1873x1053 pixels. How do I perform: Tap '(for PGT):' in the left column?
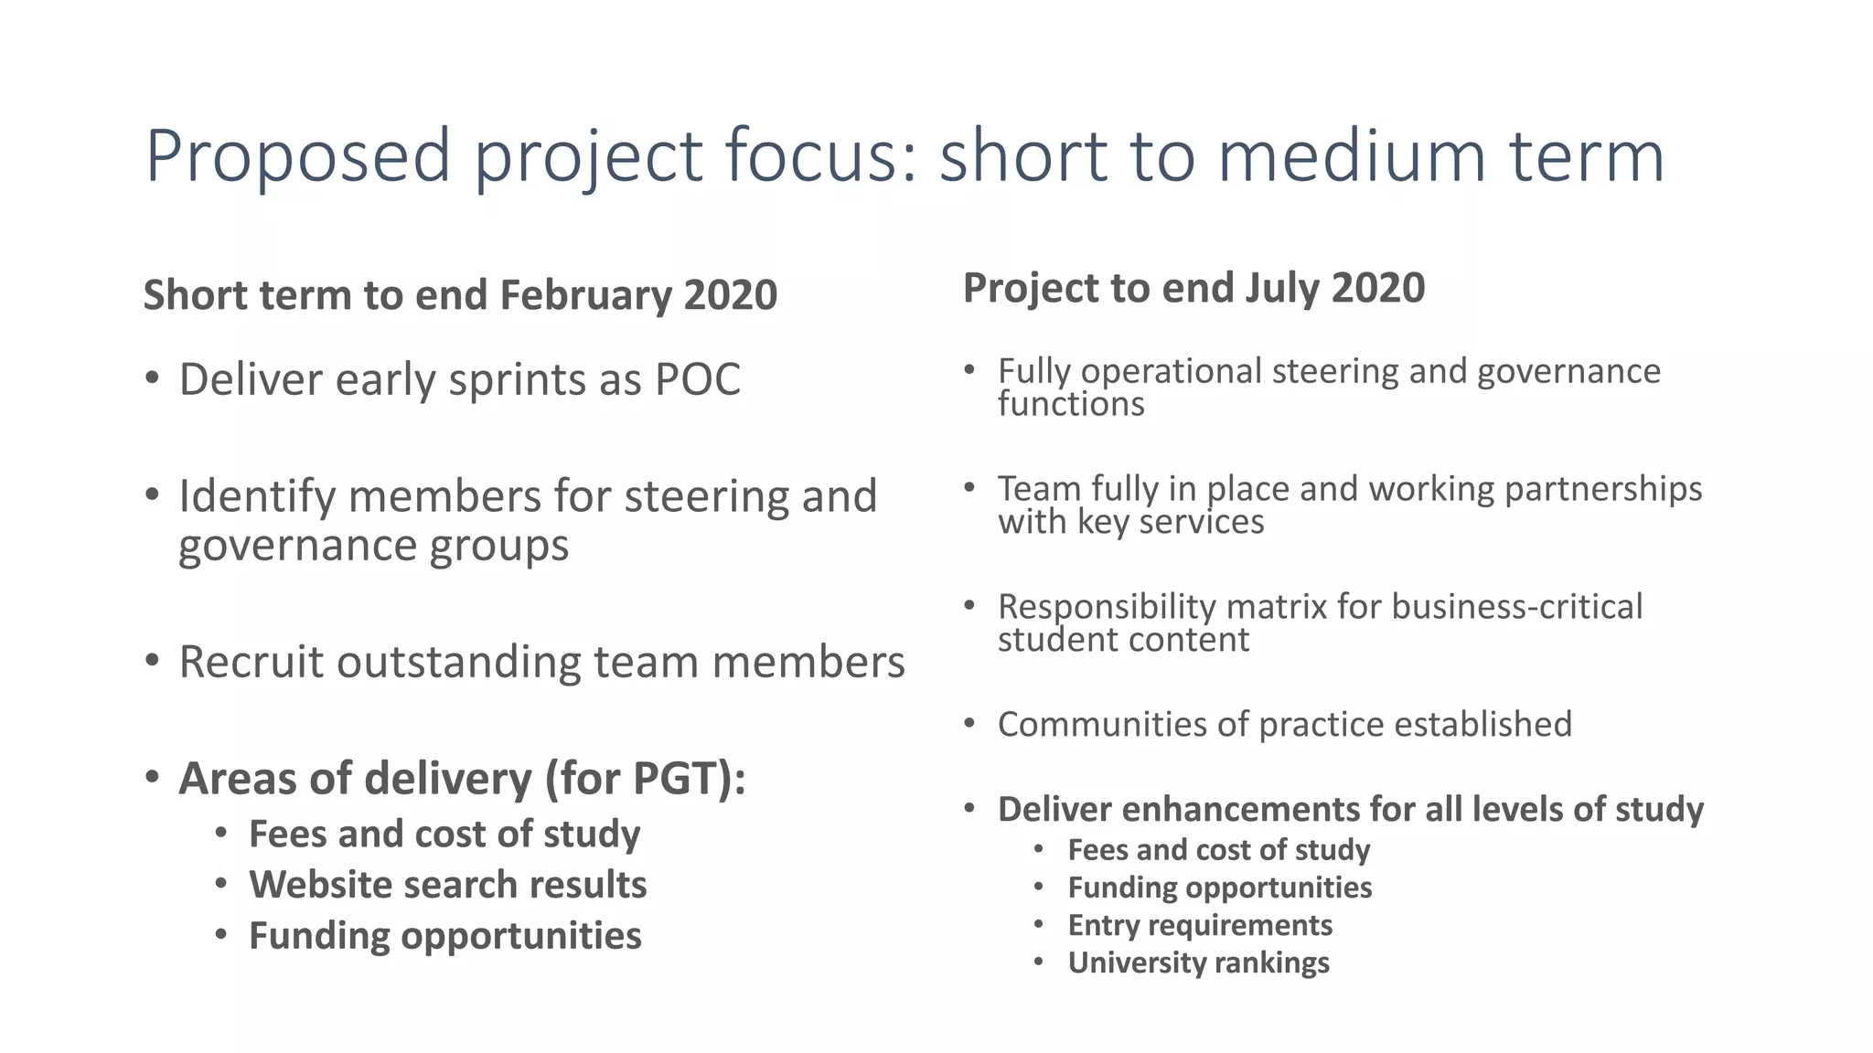(x=646, y=779)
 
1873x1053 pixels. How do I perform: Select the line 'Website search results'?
(x=447, y=885)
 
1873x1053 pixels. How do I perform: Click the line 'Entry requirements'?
(x=1199, y=925)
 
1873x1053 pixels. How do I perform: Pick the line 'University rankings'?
(x=1198, y=963)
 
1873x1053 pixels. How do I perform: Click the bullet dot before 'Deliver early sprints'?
(x=153, y=378)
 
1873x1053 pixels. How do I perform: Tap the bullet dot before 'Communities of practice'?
(x=970, y=724)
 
